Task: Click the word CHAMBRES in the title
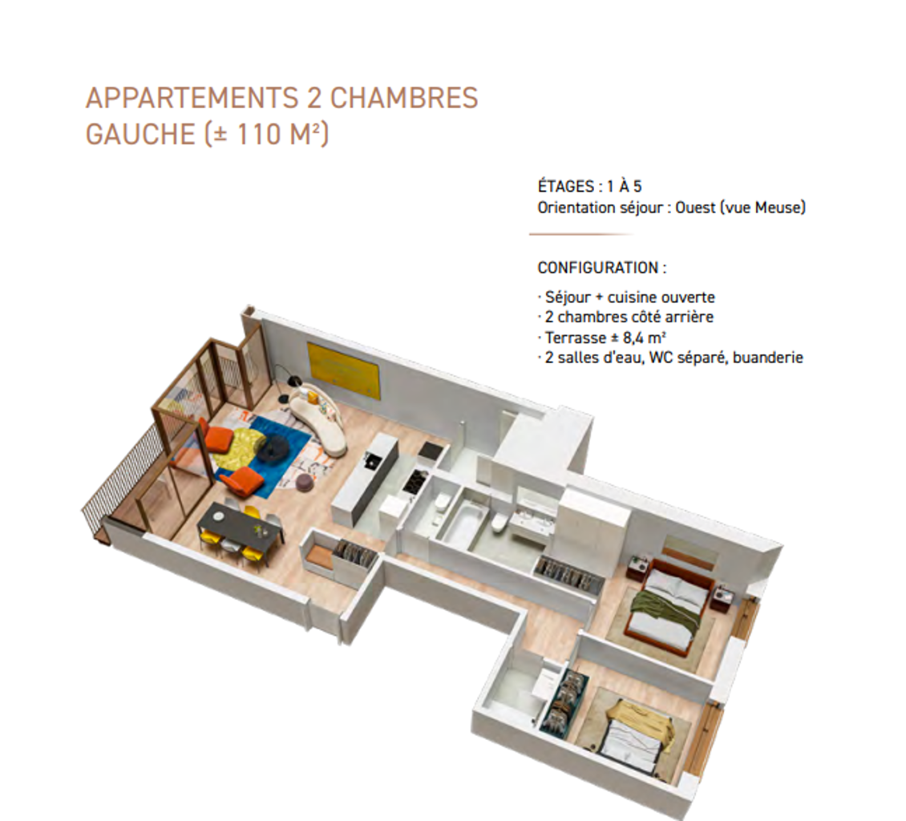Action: pos(404,98)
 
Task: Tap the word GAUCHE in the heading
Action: pos(140,134)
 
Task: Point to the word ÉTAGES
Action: pos(566,186)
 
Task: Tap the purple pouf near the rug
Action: pos(305,483)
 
